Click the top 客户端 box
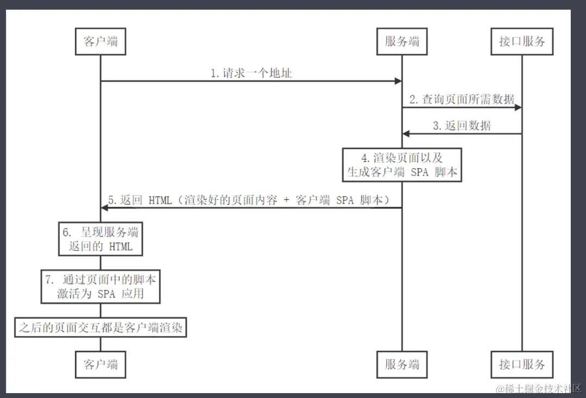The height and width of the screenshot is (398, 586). coord(100,41)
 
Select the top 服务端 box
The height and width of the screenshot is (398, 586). coord(402,41)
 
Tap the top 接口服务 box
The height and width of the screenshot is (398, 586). coord(522,41)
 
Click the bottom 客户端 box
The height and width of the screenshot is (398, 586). coord(100,364)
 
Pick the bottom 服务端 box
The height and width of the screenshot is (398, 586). coord(402,364)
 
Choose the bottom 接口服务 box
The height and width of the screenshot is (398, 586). coord(522,364)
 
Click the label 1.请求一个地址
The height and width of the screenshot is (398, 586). coord(251,73)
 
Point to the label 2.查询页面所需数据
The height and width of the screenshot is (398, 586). coord(462,99)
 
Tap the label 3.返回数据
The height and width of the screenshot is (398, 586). coord(462,126)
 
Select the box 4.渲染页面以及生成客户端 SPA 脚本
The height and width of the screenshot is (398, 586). coord(402,165)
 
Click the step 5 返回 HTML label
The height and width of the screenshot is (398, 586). coord(249,200)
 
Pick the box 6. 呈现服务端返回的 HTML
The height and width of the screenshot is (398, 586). coord(101,240)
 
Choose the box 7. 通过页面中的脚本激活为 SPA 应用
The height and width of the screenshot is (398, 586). coord(101,287)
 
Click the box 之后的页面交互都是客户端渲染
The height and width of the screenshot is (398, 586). coord(100,327)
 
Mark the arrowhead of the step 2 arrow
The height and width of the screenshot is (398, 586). coord(518,108)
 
